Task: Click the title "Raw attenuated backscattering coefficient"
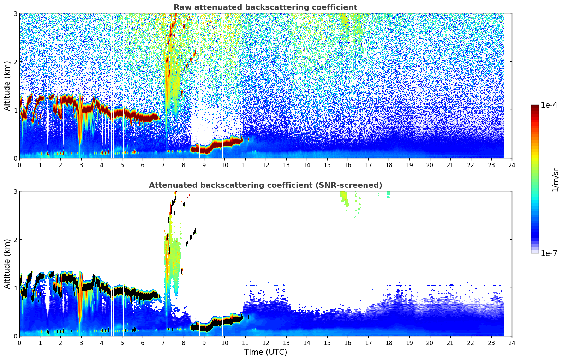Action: click(x=265, y=7)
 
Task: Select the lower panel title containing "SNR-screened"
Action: click(x=265, y=185)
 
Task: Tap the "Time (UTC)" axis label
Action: click(x=265, y=352)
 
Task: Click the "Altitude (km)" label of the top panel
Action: click(x=7, y=86)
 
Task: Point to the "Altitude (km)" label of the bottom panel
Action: click(x=7, y=264)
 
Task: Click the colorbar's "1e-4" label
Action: click(x=549, y=105)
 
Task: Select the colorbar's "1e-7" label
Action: click(x=549, y=253)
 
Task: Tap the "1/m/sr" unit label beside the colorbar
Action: click(x=555, y=180)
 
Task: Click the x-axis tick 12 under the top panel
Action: click(x=265, y=165)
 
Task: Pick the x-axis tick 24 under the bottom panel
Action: click(x=512, y=343)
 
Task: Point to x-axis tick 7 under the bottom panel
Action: click(x=163, y=343)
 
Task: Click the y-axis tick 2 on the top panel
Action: click(x=15, y=62)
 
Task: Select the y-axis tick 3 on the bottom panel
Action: click(x=15, y=191)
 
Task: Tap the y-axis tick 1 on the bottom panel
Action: click(x=15, y=288)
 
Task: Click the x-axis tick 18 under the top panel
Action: click(x=389, y=165)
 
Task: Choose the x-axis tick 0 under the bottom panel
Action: click(x=19, y=343)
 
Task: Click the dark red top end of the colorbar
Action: click(x=535, y=107)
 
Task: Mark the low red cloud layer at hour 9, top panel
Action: click(x=204, y=149)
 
